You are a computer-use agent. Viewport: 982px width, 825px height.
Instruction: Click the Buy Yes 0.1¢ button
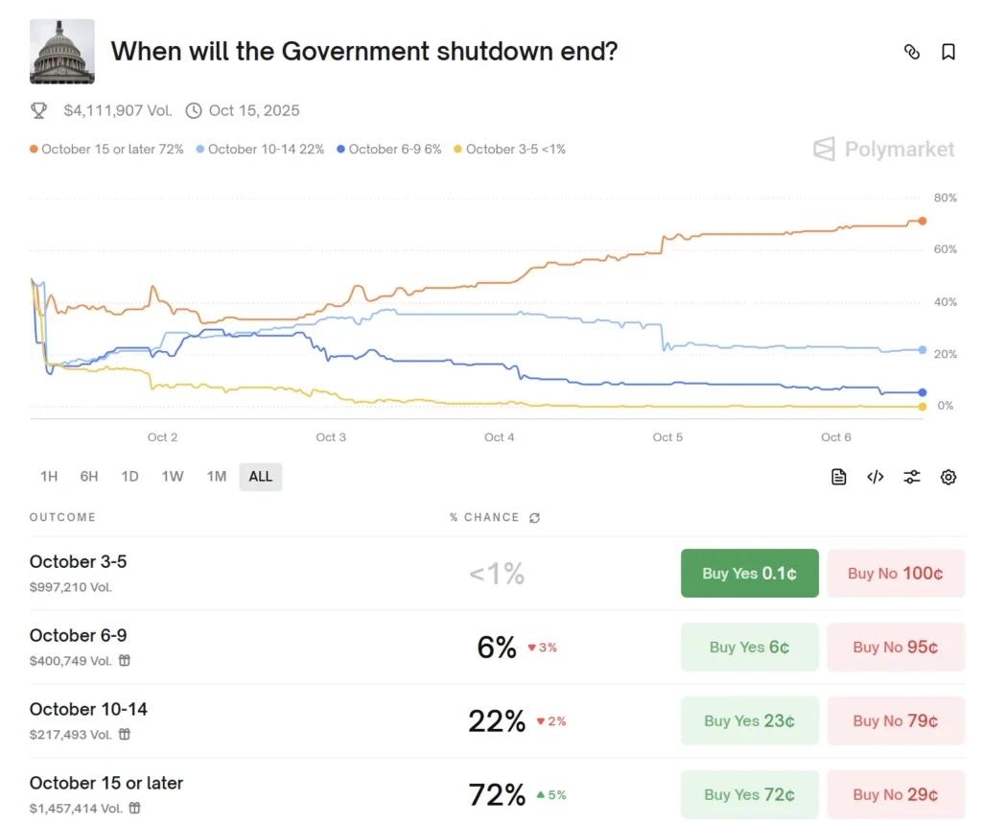point(749,574)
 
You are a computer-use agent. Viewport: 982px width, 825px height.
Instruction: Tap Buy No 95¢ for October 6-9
point(896,648)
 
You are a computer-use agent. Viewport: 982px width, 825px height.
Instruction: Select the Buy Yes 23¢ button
point(749,721)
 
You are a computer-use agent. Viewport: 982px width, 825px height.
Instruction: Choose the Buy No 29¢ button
point(896,795)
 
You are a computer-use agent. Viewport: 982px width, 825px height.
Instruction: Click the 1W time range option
point(173,477)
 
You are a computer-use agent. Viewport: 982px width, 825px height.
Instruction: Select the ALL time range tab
point(260,477)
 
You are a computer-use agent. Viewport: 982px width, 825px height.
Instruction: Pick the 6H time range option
point(89,477)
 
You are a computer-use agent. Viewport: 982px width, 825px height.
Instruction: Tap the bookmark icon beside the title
point(948,52)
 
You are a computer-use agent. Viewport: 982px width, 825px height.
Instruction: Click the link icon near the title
point(912,52)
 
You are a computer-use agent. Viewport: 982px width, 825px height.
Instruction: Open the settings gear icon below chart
point(948,477)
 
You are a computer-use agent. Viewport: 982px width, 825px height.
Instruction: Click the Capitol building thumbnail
point(62,51)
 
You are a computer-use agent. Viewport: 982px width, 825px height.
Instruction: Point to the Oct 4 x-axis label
point(499,437)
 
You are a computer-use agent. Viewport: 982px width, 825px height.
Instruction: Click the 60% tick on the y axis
point(945,249)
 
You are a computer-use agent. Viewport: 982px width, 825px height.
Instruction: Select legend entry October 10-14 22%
point(261,149)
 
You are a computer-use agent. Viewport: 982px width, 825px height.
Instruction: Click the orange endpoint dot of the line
point(923,221)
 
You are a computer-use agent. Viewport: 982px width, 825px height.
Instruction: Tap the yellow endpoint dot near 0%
point(923,407)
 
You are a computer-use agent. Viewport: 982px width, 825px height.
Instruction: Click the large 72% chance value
point(497,795)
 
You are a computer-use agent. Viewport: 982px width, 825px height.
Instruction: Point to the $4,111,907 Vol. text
point(118,110)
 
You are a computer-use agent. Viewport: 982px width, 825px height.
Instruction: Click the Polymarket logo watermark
point(884,149)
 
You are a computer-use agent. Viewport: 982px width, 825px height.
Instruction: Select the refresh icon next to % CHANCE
point(534,518)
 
